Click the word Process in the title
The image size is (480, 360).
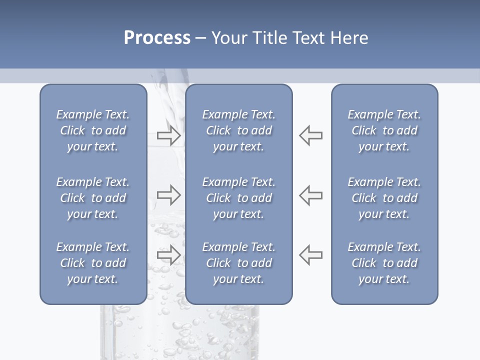pos(157,38)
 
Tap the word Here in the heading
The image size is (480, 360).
pos(348,38)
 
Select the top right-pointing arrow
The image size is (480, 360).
pos(168,135)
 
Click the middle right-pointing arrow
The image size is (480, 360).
pos(168,195)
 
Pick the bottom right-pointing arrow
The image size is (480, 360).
pos(168,255)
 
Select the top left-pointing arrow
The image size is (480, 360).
pos(310,135)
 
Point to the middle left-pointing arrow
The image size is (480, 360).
pos(310,195)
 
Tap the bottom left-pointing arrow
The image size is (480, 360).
pos(310,255)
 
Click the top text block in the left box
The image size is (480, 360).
pos(93,130)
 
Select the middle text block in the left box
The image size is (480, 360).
pos(93,198)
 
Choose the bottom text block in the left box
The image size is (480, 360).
pos(93,263)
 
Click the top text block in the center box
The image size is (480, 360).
pos(238,130)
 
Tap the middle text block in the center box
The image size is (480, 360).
pos(238,198)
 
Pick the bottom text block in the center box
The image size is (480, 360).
pos(238,263)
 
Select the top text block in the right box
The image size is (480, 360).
pos(384,130)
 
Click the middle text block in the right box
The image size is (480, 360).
pos(384,198)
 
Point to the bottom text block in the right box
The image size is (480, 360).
pos(384,263)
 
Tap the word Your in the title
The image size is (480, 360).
pos(227,38)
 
